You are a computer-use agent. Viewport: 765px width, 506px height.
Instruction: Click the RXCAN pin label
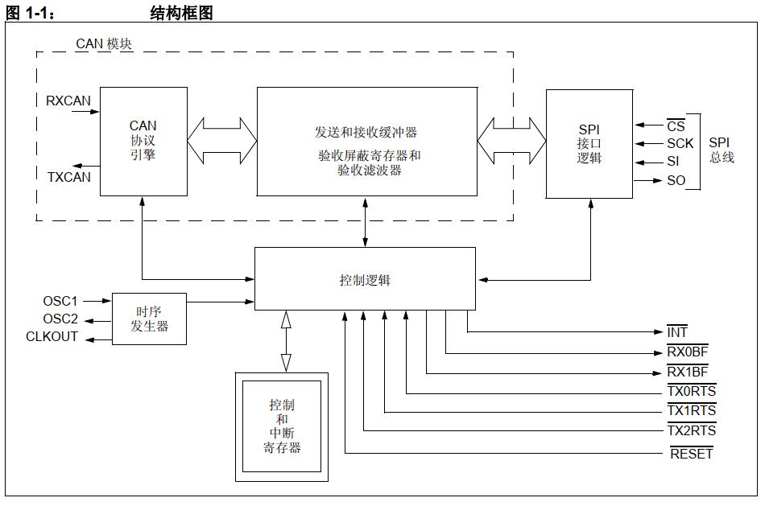click(69, 101)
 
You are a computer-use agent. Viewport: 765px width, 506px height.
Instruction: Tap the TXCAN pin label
click(69, 176)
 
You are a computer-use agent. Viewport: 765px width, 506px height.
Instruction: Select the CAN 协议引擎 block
click(143, 140)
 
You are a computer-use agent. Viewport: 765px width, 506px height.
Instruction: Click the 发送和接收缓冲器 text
click(366, 132)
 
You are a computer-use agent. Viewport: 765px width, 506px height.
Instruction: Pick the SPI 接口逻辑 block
click(589, 143)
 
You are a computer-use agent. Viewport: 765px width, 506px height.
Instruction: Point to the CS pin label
click(675, 125)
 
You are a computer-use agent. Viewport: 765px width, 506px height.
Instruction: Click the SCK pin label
click(679, 143)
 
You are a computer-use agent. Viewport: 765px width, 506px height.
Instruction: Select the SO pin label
click(676, 180)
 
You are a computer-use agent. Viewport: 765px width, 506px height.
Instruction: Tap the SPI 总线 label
click(721, 150)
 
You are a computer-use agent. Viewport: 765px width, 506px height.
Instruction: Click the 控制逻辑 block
click(365, 280)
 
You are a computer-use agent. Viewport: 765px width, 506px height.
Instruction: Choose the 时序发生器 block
click(149, 319)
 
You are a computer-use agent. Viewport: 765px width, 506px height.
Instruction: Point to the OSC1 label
click(60, 302)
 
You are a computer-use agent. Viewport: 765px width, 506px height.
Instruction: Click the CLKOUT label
click(52, 337)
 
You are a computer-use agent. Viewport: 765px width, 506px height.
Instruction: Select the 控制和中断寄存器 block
click(282, 426)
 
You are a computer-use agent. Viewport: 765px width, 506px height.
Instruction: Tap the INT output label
click(677, 332)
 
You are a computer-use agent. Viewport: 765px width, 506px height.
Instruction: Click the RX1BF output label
click(687, 372)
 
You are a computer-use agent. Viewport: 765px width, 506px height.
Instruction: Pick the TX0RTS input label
click(691, 392)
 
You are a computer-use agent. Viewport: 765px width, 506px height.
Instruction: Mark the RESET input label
click(691, 454)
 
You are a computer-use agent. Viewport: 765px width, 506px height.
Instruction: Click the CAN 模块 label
click(104, 43)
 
